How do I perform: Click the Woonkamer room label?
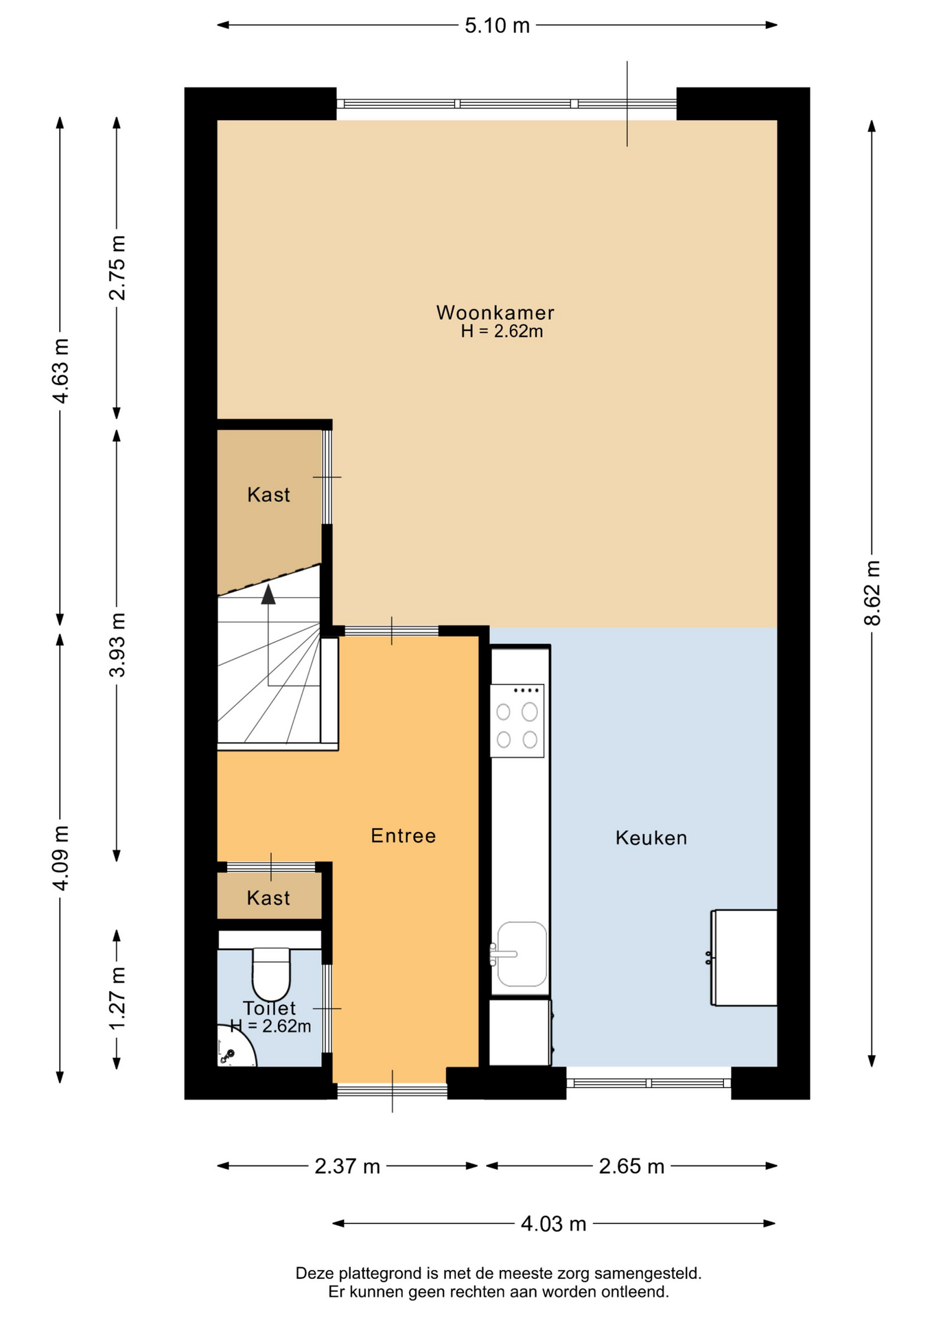coord(495,312)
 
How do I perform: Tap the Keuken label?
coord(651,837)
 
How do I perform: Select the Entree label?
coord(403,835)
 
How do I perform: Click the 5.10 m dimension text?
coord(497,25)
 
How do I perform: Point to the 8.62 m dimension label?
coord(872,593)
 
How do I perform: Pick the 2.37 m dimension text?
coord(347,1166)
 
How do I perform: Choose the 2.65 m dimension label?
coord(631,1166)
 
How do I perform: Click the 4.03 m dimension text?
coord(553,1224)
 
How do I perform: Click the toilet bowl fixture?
coord(271,974)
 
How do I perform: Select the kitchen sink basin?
coord(522,954)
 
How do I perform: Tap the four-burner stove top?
coord(517,721)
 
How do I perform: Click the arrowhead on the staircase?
coord(268,594)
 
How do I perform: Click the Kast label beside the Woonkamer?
coord(268,494)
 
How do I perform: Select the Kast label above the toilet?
coord(268,898)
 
